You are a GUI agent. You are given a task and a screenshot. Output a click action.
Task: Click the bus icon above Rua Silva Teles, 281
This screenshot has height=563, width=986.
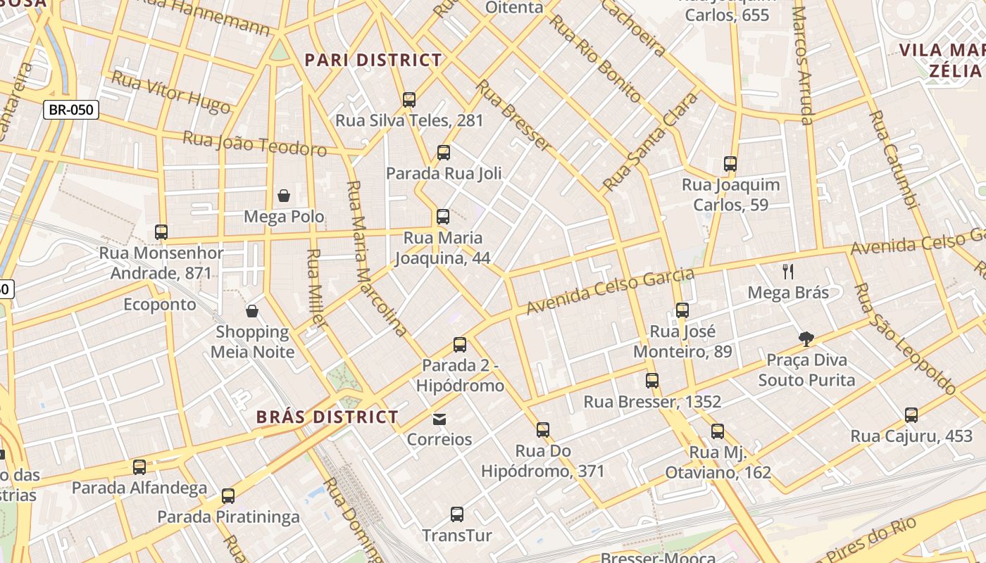(x=409, y=100)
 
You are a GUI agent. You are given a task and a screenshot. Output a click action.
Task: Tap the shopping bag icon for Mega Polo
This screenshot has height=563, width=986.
(x=284, y=196)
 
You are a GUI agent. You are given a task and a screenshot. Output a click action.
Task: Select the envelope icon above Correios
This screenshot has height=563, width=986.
(x=439, y=419)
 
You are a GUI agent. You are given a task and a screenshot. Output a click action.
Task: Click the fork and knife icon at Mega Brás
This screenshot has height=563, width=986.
(x=788, y=272)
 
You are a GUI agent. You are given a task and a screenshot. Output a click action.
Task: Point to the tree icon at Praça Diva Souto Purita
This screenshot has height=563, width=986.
(x=806, y=339)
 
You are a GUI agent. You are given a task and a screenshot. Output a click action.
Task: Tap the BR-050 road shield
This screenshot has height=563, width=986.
(x=71, y=110)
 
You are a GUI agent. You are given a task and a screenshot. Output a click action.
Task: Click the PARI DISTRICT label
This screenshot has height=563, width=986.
(x=373, y=61)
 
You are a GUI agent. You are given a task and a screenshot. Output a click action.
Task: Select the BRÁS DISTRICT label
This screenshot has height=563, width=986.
(x=327, y=417)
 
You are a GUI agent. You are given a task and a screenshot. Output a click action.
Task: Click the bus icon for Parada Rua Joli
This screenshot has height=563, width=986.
(x=444, y=153)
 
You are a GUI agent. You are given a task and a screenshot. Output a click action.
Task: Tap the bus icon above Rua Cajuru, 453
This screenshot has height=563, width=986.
(x=911, y=415)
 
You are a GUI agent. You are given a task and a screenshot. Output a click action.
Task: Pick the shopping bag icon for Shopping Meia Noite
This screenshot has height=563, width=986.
(x=252, y=311)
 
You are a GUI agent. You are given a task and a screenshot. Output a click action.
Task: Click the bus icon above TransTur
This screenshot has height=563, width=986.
(x=457, y=514)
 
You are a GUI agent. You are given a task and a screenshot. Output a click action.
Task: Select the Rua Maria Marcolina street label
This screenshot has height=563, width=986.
(x=376, y=258)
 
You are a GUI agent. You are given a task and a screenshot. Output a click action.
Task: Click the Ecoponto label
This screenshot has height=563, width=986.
(x=160, y=305)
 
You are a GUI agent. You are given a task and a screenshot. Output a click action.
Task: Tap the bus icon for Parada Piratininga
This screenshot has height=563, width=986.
(x=228, y=496)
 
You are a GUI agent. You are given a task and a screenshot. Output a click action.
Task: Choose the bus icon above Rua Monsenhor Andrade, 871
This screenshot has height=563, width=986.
(x=161, y=232)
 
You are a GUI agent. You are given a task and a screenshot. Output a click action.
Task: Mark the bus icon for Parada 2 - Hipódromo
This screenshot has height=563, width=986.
(x=460, y=345)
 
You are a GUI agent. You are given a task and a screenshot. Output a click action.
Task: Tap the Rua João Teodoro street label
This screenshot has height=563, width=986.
(x=255, y=143)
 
